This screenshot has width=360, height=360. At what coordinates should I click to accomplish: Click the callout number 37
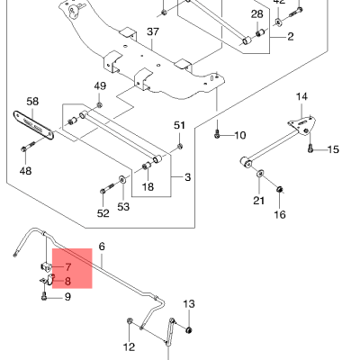(153, 31)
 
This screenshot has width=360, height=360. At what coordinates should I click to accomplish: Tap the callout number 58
(32, 102)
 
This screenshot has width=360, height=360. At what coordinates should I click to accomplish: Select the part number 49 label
(100, 86)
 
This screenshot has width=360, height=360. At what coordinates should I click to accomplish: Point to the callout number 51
(179, 125)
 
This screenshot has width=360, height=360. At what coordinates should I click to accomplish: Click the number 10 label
(240, 135)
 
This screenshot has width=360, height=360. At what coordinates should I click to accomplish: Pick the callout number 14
(301, 96)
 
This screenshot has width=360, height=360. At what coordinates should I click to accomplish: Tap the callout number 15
(333, 149)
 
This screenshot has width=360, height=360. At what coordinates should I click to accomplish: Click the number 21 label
(258, 201)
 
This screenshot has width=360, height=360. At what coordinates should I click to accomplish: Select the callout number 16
(280, 214)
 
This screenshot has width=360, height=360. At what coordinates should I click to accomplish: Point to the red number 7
(68, 266)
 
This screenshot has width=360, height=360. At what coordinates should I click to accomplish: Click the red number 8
(67, 282)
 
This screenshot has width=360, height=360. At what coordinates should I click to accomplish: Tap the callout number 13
(189, 304)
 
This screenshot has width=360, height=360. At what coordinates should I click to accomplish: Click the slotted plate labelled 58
(33, 125)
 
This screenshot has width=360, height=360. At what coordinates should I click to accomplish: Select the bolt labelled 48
(28, 146)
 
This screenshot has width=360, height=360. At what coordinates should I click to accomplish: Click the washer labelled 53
(122, 180)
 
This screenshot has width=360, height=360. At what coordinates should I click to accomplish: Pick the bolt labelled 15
(310, 148)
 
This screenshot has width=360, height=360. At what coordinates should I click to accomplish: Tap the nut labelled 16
(280, 189)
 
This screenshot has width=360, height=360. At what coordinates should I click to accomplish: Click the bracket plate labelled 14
(301, 125)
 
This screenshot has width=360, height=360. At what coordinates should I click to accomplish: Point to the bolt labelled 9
(44, 296)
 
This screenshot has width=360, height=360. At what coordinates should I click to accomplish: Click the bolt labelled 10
(218, 135)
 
